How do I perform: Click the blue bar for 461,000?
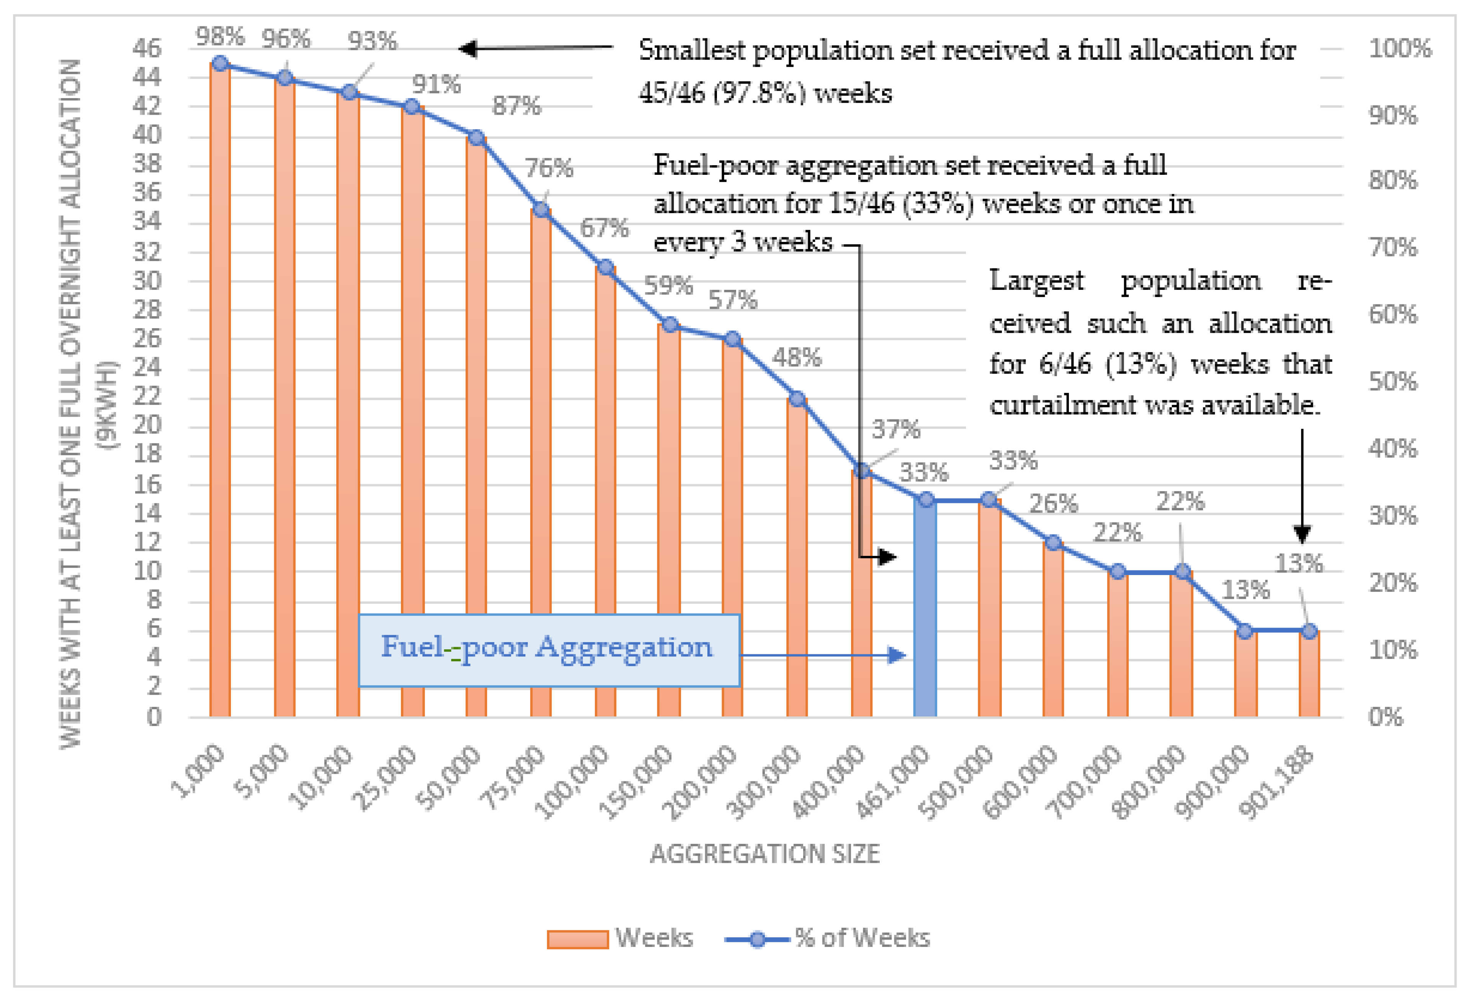click(x=925, y=609)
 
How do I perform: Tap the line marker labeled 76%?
click(x=541, y=209)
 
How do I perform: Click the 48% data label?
click(x=797, y=358)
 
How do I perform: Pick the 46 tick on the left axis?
click(x=147, y=48)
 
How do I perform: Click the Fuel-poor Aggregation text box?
click(x=548, y=649)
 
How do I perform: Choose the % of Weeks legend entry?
click(x=828, y=937)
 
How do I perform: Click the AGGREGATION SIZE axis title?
click(x=764, y=854)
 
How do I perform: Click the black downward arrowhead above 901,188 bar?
click(x=1302, y=535)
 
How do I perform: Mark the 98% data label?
click(x=220, y=37)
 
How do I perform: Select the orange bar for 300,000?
click(x=797, y=558)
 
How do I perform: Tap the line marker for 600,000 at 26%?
click(x=1053, y=543)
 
